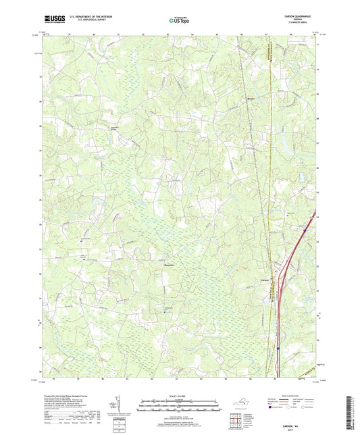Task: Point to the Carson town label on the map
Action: pyautogui.click(x=265, y=281)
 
